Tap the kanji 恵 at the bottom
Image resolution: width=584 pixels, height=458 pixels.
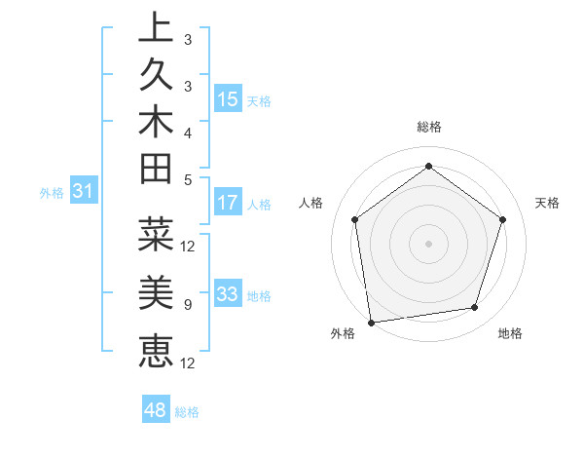pos(156,349)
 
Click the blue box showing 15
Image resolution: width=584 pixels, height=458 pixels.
pos(228,99)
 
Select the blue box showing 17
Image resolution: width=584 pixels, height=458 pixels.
pos(228,203)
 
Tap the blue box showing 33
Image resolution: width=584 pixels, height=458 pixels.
pos(228,294)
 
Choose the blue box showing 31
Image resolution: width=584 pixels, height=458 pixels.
pos(84,192)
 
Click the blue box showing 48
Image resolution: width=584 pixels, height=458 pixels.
pos(155,410)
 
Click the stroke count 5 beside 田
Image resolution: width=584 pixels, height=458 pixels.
pos(187,179)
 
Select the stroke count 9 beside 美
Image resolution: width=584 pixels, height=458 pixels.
pos(187,305)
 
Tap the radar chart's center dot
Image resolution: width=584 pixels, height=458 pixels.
pos(428,243)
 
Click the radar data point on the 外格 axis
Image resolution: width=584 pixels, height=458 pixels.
pos(371,321)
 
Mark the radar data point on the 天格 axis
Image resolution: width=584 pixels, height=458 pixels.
pos(502,219)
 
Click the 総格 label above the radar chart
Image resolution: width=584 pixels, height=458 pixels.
pos(428,127)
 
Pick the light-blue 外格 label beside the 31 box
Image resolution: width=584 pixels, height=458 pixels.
pos(52,193)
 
